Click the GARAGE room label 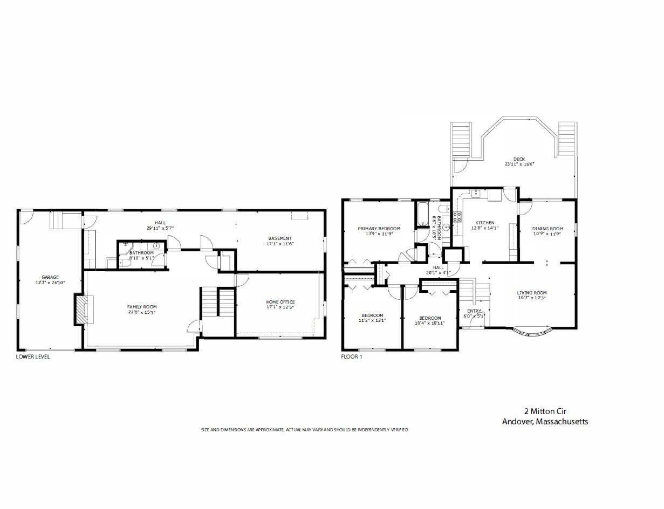click(50, 277)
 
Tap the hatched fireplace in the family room click(81, 309)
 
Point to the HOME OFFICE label click(280, 302)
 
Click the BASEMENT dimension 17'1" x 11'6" click(280, 244)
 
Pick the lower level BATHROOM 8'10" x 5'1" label click(141, 255)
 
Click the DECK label click(519, 159)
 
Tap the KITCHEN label click(485, 223)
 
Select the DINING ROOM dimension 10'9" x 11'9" click(547, 234)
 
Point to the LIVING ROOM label click(532, 293)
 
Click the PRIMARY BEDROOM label click(379, 229)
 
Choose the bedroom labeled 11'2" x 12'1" click(372, 318)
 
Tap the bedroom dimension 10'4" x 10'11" click(429, 323)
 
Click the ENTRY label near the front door click(474, 311)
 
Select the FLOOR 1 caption click(352, 356)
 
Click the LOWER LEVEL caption click(33, 356)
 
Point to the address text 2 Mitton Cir click(545, 411)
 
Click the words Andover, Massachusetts click(545, 422)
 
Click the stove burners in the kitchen click(457, 217)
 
